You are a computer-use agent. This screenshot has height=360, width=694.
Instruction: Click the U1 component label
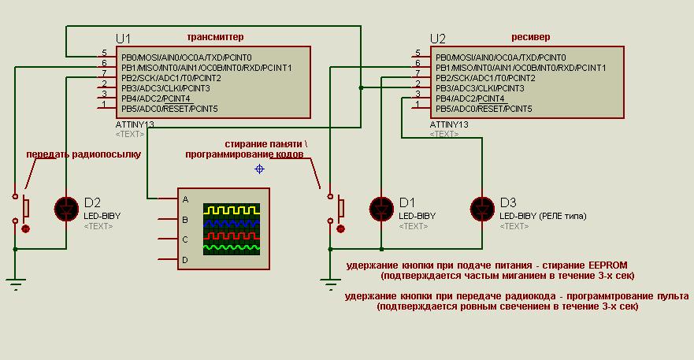click(124, 39)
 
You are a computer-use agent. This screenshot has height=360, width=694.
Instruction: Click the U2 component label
click(438, 39)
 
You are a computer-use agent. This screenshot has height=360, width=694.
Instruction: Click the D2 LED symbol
click(65, 208)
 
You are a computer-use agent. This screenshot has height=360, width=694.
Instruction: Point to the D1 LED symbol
click(381, 208)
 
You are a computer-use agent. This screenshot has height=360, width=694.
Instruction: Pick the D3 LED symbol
click(481, 208)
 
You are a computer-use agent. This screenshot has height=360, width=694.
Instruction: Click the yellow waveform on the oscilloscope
click(231, 210)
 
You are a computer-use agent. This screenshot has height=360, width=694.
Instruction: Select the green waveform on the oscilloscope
click(231, 247)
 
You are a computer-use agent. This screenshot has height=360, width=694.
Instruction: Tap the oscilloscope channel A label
click(185, 200)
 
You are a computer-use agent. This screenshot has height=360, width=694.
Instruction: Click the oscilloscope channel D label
click(185, 259)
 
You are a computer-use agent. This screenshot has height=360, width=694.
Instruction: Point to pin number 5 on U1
click(104, 53)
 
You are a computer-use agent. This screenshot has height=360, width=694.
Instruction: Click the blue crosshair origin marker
click(259, 169)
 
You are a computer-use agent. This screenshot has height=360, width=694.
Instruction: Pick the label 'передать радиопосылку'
click(83, 154)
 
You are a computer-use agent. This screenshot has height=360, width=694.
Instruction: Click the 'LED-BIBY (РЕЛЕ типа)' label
click(543, 215)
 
